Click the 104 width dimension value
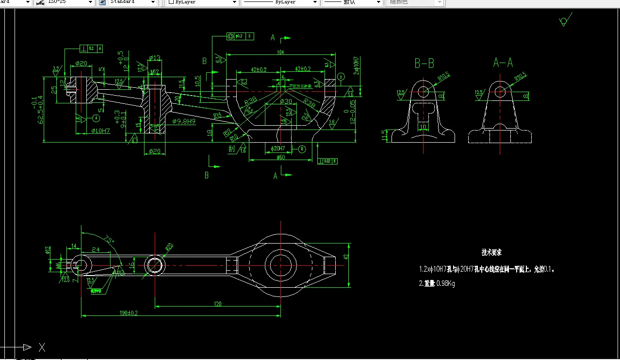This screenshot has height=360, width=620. pyautogui.click(x=280, y=51)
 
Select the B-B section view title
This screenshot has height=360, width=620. pyautogui.click(x=424, y=63)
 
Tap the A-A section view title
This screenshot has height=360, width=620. pyautogui.click(x=503, y=63)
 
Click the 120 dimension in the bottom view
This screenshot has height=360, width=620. pyautogui.click(x=217, y=304)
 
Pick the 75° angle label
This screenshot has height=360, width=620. pyautogui.click(x=109, y=239)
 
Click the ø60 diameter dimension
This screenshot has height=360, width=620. pyautogui.click(x=280, y=157)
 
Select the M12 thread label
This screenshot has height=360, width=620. pyautogui.click(x=155, y=72)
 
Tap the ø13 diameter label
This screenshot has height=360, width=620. pyautogui.click(x=155, y=58)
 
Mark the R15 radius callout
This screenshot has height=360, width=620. pyautogui.click(x=217, y=115)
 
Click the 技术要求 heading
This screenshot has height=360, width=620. pyautogui.click(x=491, y=252)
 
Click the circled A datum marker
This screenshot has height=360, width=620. pyautogui.click(x=96, y=118)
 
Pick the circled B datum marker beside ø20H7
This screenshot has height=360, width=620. pyautogui.click(x=302, y=148)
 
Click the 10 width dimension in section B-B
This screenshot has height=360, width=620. pyautogui.click(x=424, y=127)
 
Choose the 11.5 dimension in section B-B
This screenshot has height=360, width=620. pyautogui.click(x=385, y=135)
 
